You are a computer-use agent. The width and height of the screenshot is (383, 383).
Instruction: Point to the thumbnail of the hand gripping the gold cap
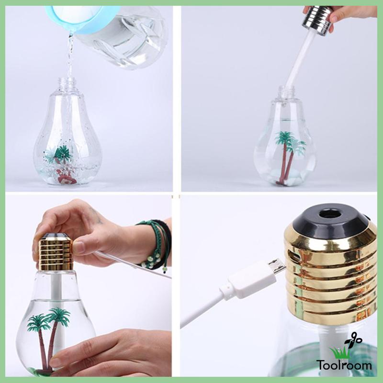[x=79, y=247]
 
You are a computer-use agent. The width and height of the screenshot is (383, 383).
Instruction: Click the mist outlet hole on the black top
[x=331, y=211]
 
